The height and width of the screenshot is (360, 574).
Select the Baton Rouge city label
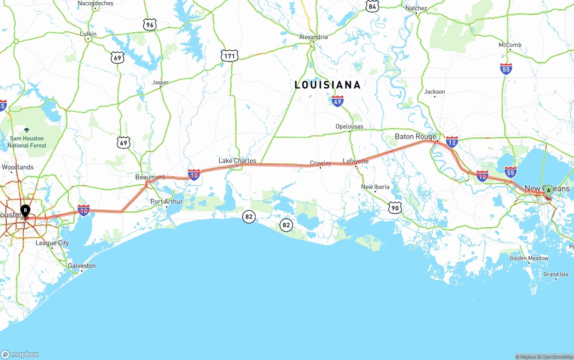[x=415, y=136]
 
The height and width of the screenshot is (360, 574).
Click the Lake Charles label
[x=237, y=160]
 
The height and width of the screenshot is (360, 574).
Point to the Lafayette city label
[x=356, y=161]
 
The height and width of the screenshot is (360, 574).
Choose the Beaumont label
[x=150, y=177]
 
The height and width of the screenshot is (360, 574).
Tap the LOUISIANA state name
[x=327, y=85]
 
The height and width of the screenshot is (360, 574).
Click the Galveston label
[x=82, y=266]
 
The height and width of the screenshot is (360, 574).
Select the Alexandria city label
[x=313, y=37]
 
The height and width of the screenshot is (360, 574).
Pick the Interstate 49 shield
[x=338, y=101]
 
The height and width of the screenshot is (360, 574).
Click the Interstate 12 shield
[x=452, y=143]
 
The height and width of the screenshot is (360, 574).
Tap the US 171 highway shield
[x=229, y=56]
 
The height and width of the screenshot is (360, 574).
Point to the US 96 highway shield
[x=150, y=25]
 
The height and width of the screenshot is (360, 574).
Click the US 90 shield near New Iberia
[x=395, y=207]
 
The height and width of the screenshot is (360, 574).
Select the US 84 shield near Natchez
[x=372, y=6]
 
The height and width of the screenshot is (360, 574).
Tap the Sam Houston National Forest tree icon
[x=26, y=130]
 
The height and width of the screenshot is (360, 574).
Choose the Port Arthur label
[x=167, y=202]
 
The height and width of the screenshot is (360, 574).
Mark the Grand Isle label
[x=556, y=274]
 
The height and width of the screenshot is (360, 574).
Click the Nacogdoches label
[x=96, y=3]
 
